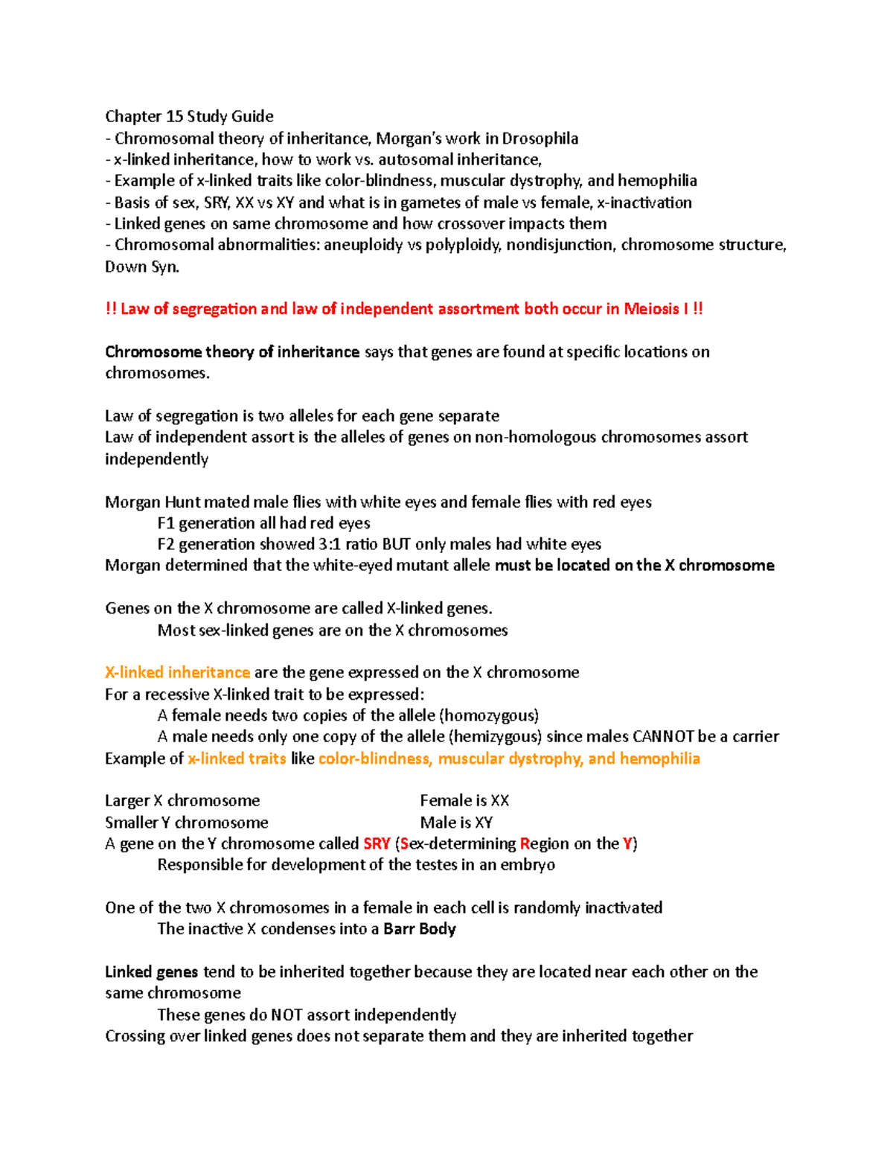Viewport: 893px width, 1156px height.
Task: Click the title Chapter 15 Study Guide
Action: [189, 116]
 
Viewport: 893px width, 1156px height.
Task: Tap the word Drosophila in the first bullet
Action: [540, 138]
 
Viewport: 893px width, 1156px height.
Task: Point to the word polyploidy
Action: [463, 245]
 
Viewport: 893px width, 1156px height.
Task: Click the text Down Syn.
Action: [142, 266]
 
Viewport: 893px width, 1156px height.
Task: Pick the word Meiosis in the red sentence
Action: [651, 309]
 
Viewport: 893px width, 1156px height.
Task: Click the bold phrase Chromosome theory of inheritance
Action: [232, 351]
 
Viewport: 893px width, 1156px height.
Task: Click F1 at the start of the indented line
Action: [166, 523]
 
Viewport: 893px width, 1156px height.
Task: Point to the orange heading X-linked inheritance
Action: [177, 672]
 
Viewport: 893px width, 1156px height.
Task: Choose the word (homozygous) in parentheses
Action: [489, 715]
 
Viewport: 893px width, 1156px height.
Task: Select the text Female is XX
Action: [464, 801]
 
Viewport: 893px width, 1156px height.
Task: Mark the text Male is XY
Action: [456, 823]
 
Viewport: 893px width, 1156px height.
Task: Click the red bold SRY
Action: [377, 843]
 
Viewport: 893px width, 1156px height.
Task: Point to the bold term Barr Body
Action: [420, 929]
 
